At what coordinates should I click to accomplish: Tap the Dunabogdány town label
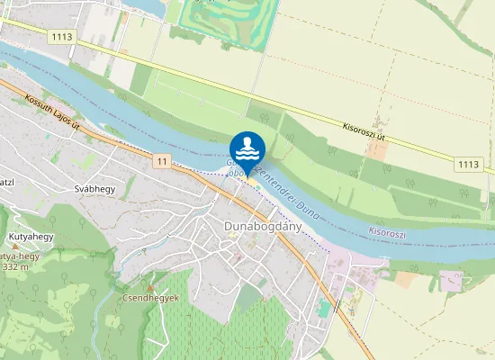point(262,225)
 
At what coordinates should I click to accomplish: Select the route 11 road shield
point(161,161)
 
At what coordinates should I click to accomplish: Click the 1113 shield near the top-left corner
point(61,37)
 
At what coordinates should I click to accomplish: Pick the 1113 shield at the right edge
point(468,163)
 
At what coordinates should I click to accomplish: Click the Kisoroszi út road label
point(364,130)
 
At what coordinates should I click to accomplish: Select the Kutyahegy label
point(31,237)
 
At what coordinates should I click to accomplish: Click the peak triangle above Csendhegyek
point(150,288)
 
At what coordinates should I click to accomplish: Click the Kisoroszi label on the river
point(388,232)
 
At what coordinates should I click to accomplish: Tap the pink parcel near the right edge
point(450,280)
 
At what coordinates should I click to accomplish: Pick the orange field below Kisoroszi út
point(377,149)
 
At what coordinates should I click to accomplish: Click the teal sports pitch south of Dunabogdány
point(323,309)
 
